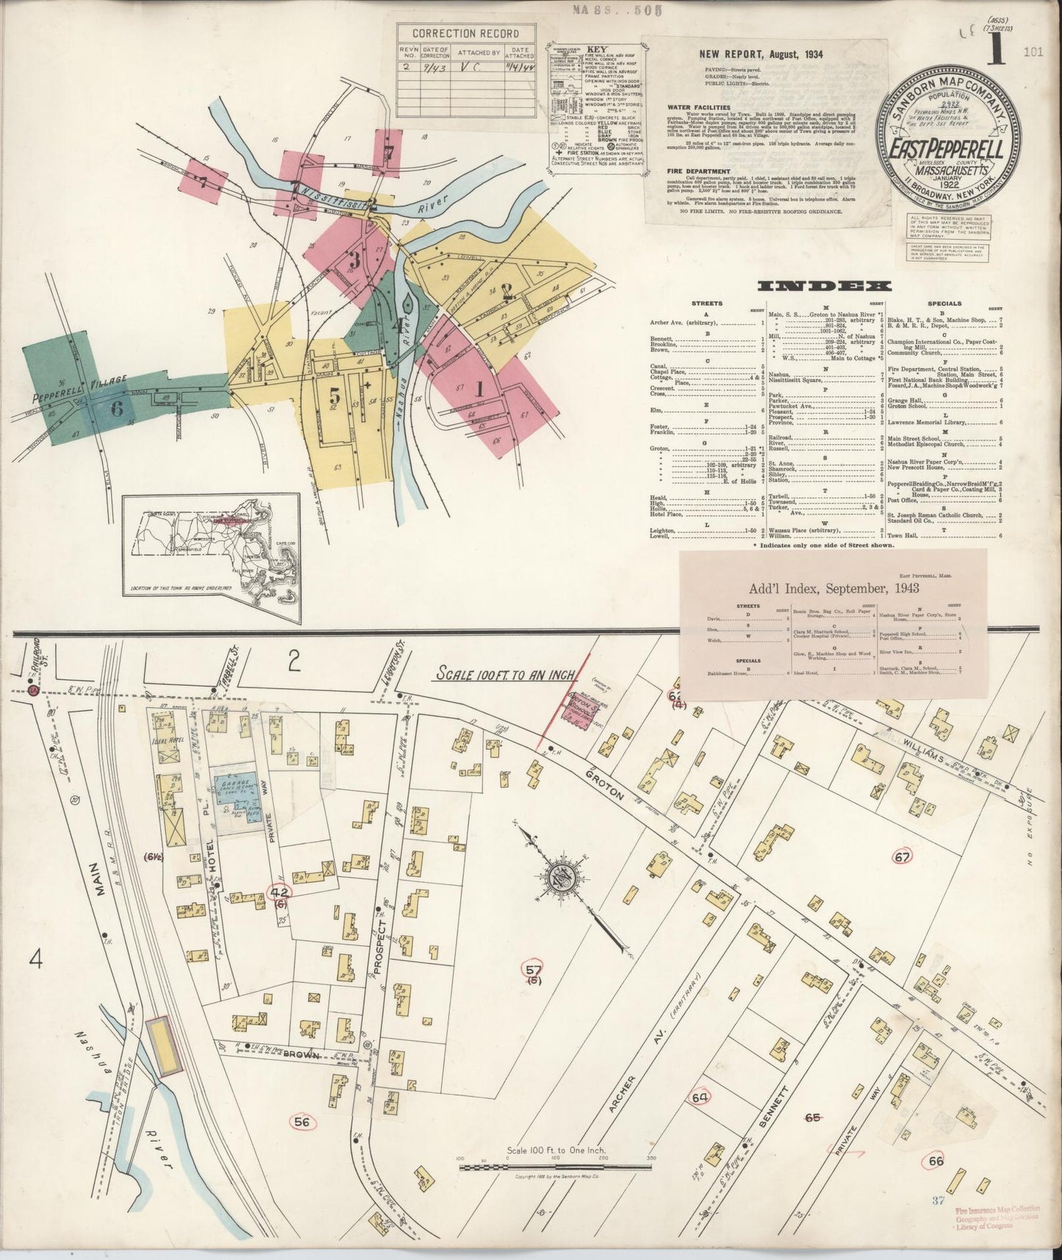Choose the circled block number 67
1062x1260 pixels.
point(903,856)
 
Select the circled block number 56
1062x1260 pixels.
point(301,1122)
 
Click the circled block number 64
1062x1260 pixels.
point(700,1098)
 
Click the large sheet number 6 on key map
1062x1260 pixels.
point(116,408)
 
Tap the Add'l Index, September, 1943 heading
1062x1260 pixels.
point(833,588)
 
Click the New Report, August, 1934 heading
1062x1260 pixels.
point(761,54)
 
